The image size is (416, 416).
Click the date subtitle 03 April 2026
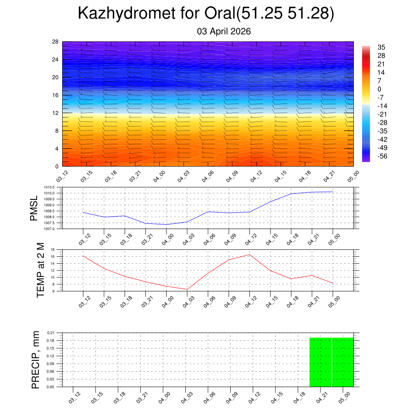pyautogui.click(x=224, y=31)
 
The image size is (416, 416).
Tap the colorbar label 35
pyautogui.click(x=381, y=47)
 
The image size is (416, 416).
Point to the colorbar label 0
pyautogui.click(x=379, y=89)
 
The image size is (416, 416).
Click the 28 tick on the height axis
pyautogui.click(x=55, y=42)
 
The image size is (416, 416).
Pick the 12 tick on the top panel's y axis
pyautogui.click(x=55, y=113)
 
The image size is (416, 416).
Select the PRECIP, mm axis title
pyautogui.click(x=36, y=360)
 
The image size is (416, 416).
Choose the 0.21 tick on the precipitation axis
pyautogui.click(x=50, y=333)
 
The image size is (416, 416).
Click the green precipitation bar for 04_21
pyautogui.click(x=321, y=362)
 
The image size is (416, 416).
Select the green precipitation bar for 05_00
pyautogui.click(x=343, y=362)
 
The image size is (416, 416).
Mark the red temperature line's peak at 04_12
pyautogui.click(x=249, y=255)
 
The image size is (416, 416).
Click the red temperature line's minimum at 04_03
pyautogui.click(x=187, y=289)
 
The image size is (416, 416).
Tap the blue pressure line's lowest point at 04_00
pyautogui.click(x=166, y=224)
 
